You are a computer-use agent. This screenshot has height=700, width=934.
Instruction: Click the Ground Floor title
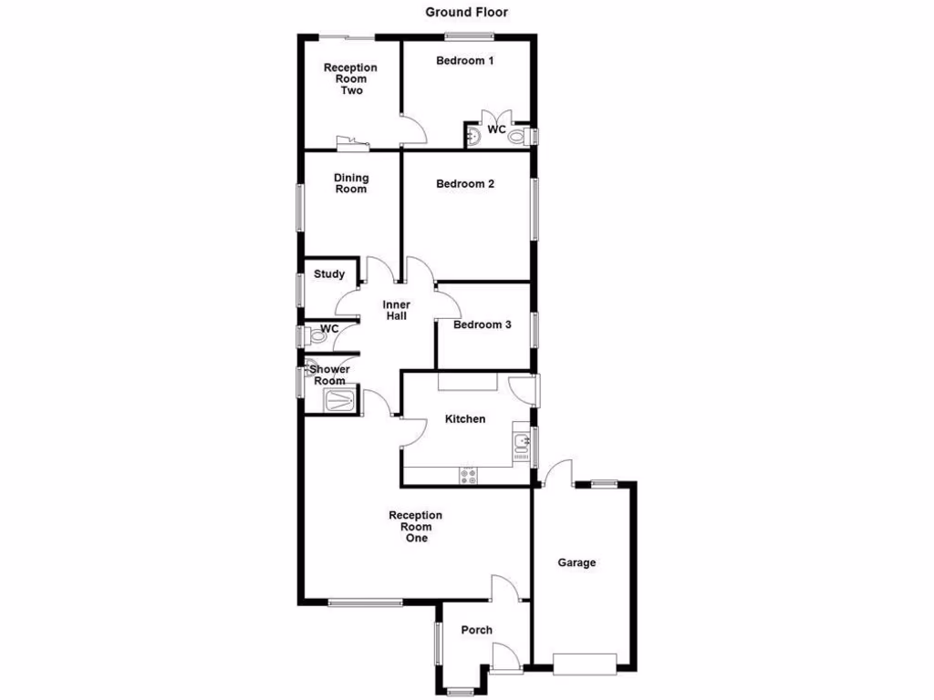click(466, 12)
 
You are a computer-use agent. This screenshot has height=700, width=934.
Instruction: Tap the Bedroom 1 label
click(464, 61)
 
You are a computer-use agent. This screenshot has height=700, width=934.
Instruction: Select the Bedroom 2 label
click(465, 183)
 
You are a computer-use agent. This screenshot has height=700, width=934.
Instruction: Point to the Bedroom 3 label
click(483, 324)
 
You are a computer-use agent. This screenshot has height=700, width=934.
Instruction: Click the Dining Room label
click(351, 183)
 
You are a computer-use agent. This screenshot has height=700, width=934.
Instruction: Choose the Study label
click(329, 273)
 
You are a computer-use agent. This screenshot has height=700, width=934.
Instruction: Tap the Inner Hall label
click(395, 310)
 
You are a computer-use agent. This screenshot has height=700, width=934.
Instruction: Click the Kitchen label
click(464, 419)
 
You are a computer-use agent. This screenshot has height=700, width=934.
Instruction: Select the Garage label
click(576, 562)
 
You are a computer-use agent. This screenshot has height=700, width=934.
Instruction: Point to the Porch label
click(476, 630)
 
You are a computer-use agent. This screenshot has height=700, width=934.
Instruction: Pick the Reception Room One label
click(415, 527)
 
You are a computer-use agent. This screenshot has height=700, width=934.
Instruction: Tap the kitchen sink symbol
click(522, 444)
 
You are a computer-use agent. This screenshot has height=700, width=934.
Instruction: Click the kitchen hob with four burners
click(468, 474)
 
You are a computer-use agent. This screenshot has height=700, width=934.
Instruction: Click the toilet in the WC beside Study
click(317, 335)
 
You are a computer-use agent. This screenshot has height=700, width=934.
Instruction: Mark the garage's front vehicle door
click(584, 664)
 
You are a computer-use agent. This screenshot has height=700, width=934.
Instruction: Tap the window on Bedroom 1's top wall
click(469, 36)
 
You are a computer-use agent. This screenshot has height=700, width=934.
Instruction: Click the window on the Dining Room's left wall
click(300, 208)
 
